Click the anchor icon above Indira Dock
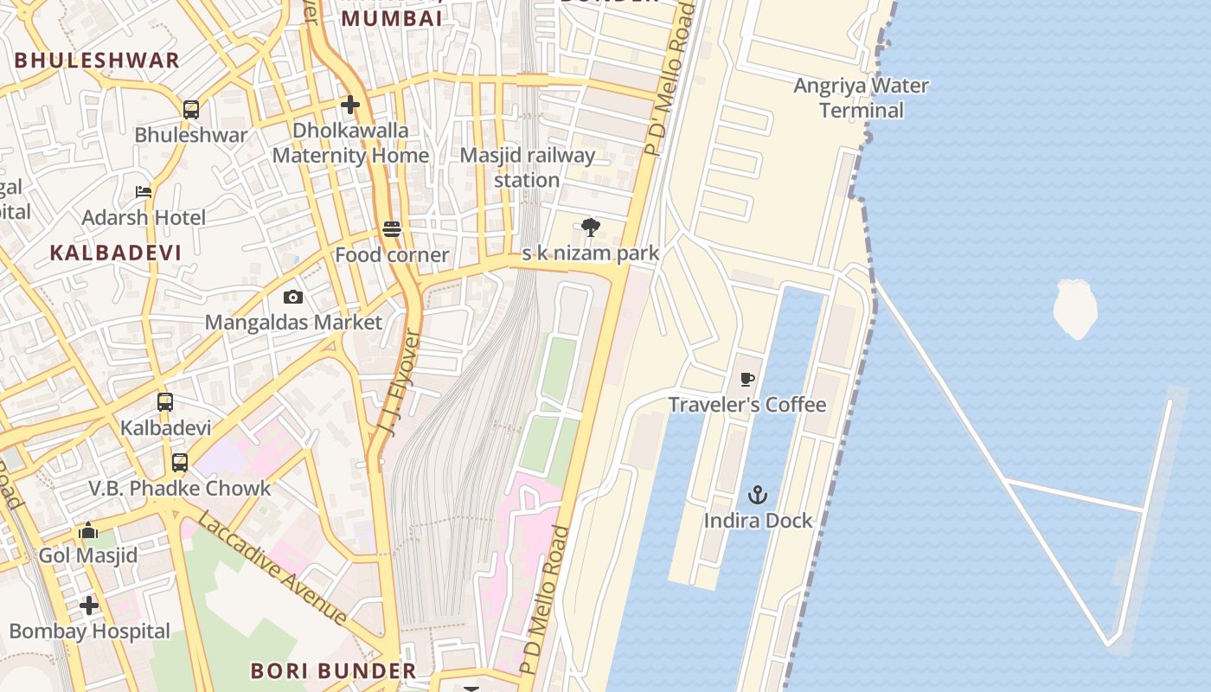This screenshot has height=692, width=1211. (758, 495)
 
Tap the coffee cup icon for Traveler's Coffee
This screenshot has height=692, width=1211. (747, 379)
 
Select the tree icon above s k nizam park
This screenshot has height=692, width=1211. (591, 227)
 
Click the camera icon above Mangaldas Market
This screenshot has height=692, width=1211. (293, 297)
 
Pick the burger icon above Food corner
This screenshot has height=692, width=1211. (392, 229)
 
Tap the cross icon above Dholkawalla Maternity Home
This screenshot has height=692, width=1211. (350, 105)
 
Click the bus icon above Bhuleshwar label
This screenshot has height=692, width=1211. (191, 110)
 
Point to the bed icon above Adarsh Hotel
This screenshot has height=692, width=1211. (144, 191)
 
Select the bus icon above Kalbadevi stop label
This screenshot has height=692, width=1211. (165, 402)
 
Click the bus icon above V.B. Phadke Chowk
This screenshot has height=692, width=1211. (180, 463)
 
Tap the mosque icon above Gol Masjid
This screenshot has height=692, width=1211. (88, 530)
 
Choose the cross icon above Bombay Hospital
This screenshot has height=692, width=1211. (89, 605)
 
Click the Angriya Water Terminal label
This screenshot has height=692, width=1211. (861, 98)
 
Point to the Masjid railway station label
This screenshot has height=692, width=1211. (527, 168)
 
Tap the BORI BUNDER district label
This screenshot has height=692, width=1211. (333, 670)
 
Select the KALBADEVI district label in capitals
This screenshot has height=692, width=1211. (115, 253)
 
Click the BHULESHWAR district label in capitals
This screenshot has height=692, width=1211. (98, 60)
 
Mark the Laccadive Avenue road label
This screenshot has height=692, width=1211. (272, 566)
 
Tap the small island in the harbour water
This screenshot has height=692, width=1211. (1075, 308)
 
